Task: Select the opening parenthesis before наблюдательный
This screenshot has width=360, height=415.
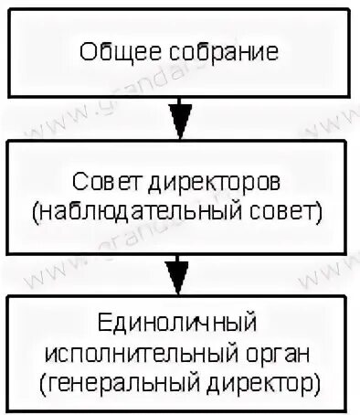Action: pyautogui.click(x=34, y=213)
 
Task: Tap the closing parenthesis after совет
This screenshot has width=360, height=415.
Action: pyautogui.click(x=322, y=213)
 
